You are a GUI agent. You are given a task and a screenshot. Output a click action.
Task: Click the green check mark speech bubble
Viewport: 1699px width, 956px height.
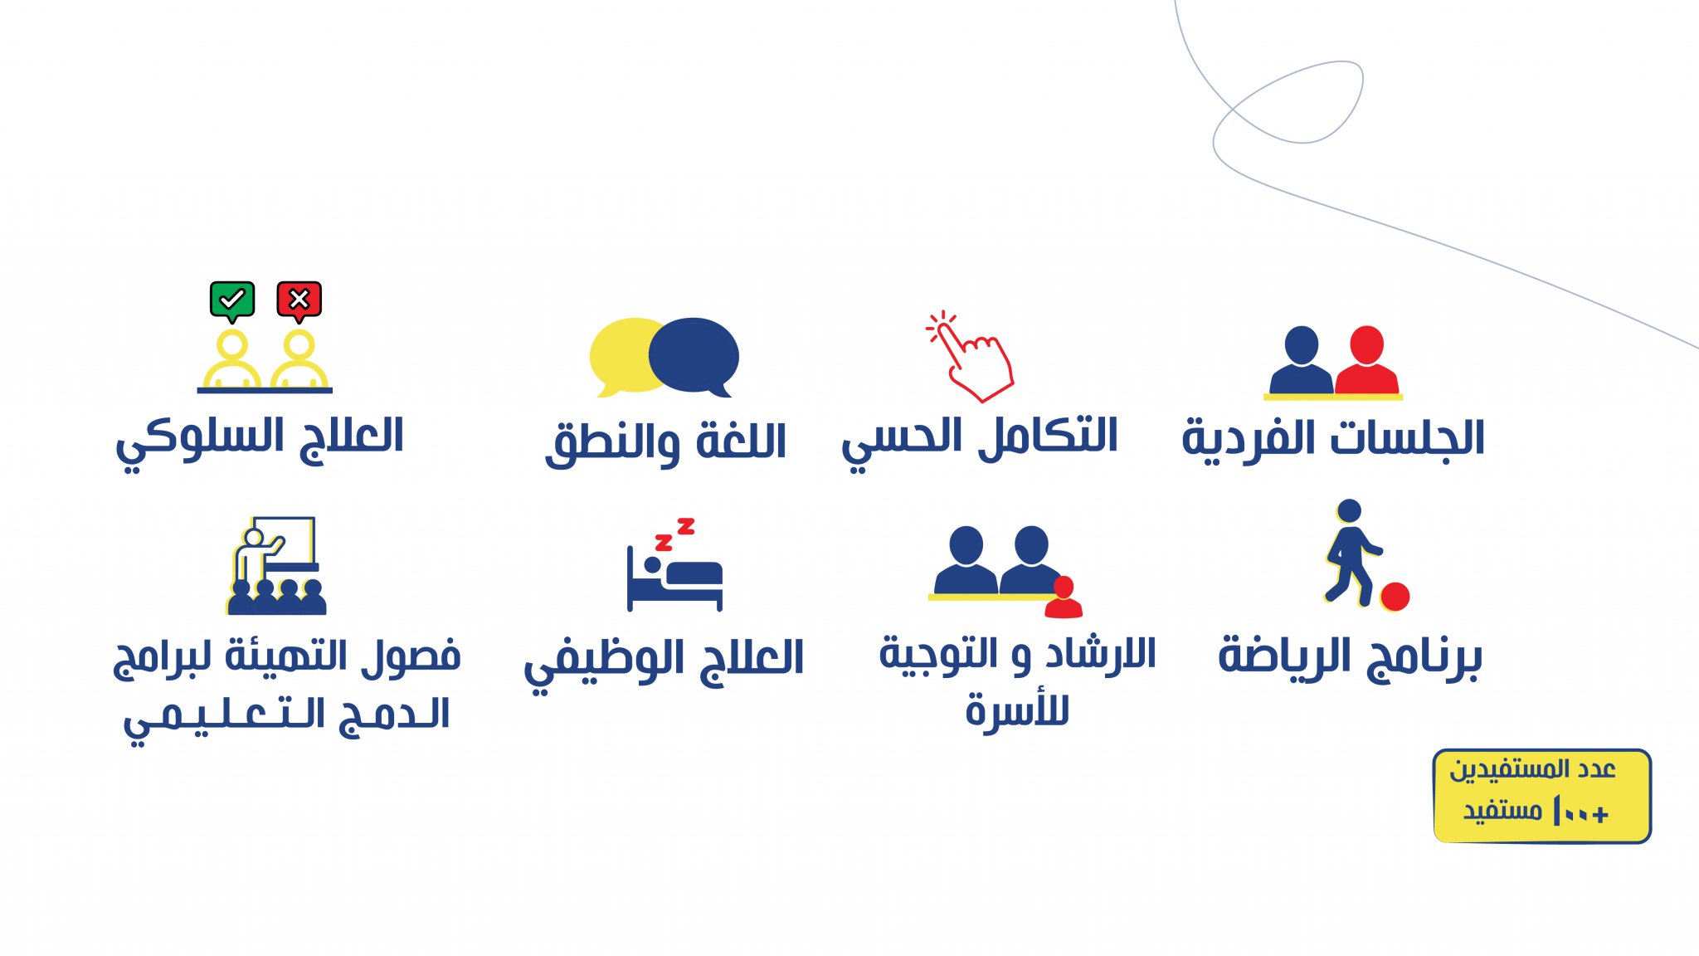click(232, 300)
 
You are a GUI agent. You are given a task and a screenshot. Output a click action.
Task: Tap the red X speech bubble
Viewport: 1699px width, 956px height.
click(299, 300)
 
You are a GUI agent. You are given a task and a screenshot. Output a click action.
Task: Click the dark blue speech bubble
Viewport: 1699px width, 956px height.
click(694, 355)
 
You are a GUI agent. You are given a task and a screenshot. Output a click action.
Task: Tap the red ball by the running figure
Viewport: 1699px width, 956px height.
click(1395, 596)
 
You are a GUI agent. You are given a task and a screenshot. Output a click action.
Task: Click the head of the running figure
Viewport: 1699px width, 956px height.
click(1350, 510)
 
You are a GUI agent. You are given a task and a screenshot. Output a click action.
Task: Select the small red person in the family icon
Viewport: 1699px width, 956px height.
click(1064, 597)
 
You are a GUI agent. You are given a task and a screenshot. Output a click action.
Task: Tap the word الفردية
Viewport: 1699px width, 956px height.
click(1253, 440)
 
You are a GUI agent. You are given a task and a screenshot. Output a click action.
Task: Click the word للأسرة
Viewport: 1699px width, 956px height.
click(1017, 710)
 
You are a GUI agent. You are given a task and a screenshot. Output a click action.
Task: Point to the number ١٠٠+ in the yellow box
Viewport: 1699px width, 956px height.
click(1580, 811)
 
